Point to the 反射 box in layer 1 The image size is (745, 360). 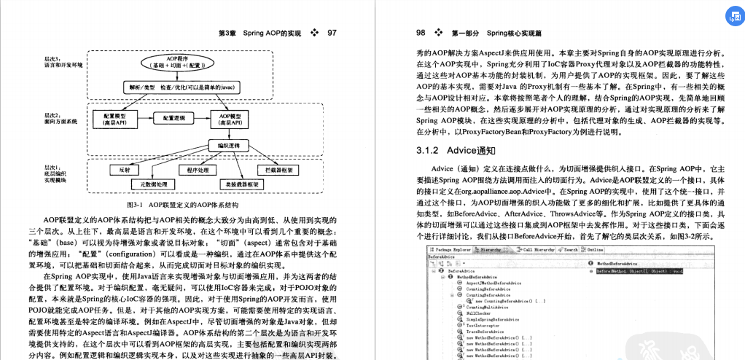124,170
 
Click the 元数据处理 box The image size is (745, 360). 151,184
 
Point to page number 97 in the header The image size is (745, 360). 332,33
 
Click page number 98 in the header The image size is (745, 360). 421,33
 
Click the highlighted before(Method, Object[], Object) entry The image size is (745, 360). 642,270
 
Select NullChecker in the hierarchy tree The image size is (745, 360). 480,313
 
